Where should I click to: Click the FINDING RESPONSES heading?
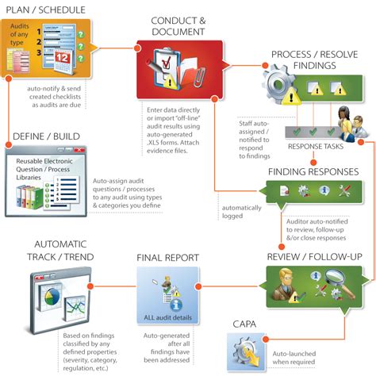click(313, 171)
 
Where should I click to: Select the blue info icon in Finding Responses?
click(324, 191)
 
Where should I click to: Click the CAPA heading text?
click(244, 324)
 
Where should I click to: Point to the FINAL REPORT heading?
click(167, 258)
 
